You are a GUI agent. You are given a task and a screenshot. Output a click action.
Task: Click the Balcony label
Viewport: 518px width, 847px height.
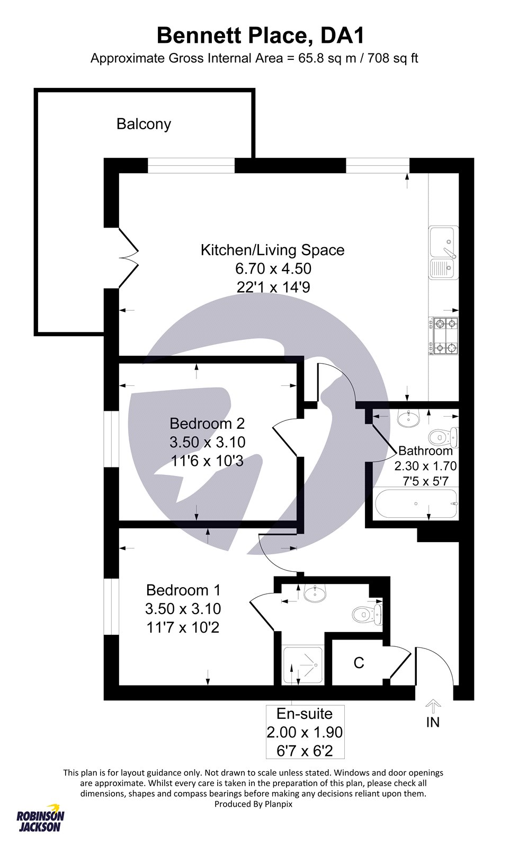click(144, 124)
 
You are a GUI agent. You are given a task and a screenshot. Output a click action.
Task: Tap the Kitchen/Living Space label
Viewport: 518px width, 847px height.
click(272, 250)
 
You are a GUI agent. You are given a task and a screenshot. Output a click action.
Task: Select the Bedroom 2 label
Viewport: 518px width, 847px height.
click(207, 423)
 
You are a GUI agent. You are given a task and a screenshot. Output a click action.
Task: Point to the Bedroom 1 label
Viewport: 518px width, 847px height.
click(183, 590)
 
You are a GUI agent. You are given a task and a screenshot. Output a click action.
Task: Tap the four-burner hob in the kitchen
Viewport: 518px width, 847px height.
click(443, 336)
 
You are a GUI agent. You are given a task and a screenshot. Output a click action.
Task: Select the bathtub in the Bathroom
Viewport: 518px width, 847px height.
click(415, 503)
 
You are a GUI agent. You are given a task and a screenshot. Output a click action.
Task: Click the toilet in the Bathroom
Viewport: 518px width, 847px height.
click(443, 437)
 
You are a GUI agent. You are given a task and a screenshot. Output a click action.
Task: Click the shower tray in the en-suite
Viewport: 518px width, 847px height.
click(303, 665)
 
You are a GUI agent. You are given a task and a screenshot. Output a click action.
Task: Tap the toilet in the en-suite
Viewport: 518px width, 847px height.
click(367, 614)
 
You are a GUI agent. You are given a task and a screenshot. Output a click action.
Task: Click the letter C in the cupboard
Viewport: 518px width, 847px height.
click(359, 662)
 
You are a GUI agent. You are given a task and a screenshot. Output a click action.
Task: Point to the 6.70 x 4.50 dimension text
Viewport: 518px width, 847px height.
click(273, 268)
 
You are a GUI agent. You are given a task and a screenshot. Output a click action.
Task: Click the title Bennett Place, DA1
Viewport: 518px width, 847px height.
click(261, 36)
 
